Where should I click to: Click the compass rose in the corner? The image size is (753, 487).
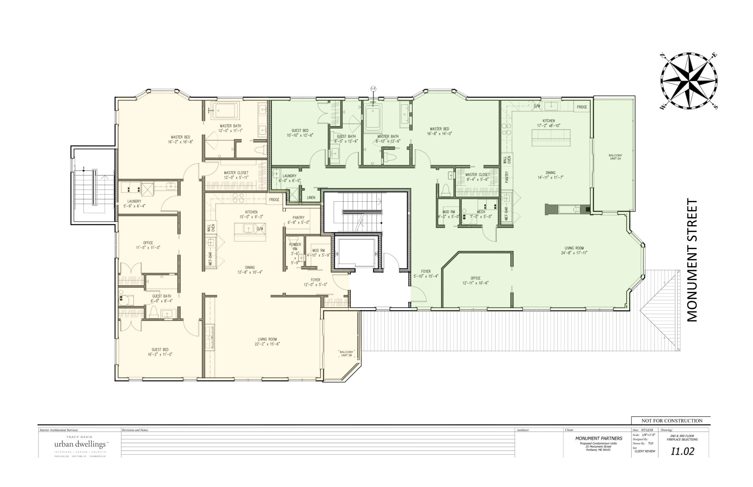tap(689, 81)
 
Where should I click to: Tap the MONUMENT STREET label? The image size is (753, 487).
tap(692, 260)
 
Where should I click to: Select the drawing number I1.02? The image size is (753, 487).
tap(682, 451)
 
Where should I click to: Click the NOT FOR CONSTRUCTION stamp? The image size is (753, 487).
tap(672, 421)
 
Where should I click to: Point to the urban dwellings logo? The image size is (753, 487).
tap(80, 444)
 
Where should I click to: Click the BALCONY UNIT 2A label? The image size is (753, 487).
tap(615, 157)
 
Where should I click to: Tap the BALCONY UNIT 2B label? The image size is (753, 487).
tap(346, 354)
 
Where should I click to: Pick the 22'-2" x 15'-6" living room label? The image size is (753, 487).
tap(267, 341)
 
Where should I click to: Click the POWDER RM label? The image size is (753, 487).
tap(295, 247)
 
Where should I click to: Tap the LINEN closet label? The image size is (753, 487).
tap(311, 198)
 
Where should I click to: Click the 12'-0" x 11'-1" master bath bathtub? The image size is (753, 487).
tap(225, 111)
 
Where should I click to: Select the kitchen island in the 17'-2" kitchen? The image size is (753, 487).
tap(551, 138)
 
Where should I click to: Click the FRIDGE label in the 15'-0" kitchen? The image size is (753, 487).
tap(274, 200)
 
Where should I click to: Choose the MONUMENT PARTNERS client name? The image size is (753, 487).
tap(599, 438)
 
